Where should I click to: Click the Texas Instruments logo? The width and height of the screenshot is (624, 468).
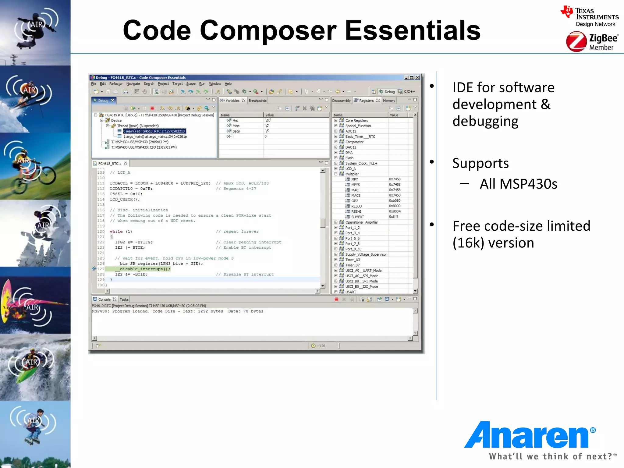(590, 16)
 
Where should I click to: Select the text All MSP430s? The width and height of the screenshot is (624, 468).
(518, 184)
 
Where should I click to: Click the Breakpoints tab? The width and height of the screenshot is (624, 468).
(257, 101)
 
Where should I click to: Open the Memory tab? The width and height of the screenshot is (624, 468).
(389, 101)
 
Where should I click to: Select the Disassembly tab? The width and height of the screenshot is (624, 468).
(341, 101)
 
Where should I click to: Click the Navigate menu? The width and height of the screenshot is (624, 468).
(133, 84)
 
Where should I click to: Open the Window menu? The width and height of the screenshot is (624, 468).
(215, 84)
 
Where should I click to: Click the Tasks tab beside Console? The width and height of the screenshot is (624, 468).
(124, 300)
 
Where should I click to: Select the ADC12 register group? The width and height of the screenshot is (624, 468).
(351, 131)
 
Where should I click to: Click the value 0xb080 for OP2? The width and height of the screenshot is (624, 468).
(395, 201)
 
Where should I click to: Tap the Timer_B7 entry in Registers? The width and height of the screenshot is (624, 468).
(353, 265)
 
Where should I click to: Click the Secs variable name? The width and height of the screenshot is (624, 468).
(236, 131)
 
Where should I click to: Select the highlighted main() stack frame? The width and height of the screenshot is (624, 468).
(154, 131)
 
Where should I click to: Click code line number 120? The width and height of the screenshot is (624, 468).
(101, 232)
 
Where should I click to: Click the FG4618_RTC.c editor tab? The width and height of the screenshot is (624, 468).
(110, 164)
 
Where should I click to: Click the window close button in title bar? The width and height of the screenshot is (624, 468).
(417, 77)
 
